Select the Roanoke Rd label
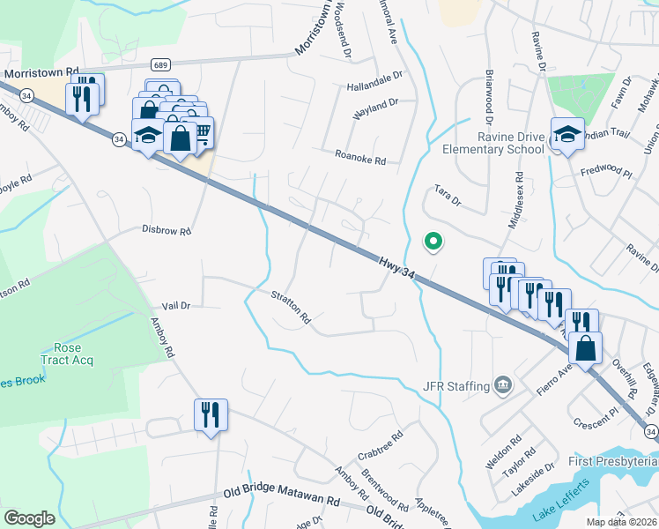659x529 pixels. [x=360, y=160]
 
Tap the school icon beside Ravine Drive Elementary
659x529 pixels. [x=567, y=135]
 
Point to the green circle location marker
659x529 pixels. [x=433, y=241]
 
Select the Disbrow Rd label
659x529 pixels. [x=167, y=230]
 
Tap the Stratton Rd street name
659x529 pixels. [x=292, y=305]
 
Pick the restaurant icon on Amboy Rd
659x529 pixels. [x=211, y=414]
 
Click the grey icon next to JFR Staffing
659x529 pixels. [x=502, y=384]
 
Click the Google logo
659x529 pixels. [x=29, y=518]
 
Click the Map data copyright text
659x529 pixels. [x=621, y=522]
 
